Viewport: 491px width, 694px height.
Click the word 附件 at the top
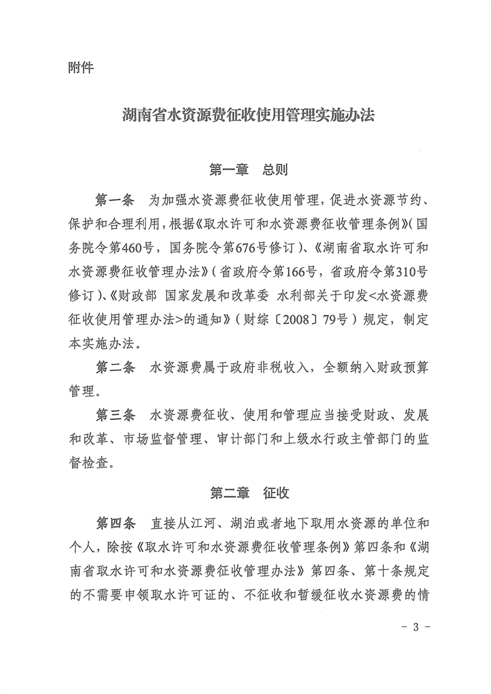pyautogui.click(x=80, y=67)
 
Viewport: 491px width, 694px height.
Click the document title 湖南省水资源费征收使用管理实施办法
pyautogui.click(x=246, y=116)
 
